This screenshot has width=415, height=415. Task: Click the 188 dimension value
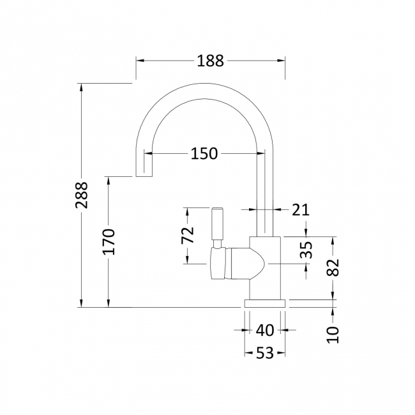211,61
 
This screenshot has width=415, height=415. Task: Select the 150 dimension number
204,153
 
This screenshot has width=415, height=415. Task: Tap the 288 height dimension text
82,195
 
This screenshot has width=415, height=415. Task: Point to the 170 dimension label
109,241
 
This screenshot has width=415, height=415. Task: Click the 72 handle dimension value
188,235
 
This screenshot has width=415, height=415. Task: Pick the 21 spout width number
301,210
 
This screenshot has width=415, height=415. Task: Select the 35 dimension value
306,250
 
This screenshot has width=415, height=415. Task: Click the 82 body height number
333,268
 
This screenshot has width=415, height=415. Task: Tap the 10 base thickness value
333,335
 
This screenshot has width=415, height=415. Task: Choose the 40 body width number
265,330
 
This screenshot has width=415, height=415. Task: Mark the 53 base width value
265,353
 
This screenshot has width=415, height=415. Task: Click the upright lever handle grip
218,224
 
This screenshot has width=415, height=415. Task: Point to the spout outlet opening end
144,176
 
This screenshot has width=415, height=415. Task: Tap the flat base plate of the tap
265,303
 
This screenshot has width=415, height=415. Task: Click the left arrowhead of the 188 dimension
140,61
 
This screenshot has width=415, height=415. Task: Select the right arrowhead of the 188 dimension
282,61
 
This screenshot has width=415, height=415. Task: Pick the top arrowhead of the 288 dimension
82,87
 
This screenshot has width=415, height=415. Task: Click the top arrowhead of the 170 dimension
109,181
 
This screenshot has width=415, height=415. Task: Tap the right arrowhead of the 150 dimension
261,153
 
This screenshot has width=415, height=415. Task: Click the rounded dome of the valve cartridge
257,264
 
